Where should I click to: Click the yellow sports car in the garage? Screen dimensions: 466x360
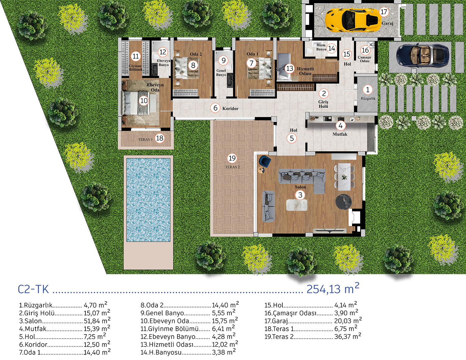coord(352,20)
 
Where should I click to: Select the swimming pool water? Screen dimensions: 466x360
coord(148,200)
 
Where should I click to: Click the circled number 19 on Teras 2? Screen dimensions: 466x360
coord(232,158)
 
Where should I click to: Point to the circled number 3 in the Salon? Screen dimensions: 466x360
coord(300,195)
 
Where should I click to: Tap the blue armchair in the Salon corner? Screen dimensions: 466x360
coord(265,161)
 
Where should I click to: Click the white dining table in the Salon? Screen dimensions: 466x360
coord(345,177)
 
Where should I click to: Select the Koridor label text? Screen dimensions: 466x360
coord(230,108)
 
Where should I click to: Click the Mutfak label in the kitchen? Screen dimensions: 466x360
coord(340,134)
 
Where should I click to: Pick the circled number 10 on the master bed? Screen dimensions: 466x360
coord(144,101)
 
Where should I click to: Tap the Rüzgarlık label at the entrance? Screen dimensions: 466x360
coord(368,99)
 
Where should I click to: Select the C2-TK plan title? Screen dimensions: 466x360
coord(33,289)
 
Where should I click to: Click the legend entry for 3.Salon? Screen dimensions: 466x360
coord(65,321)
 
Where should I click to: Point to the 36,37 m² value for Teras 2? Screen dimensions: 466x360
coord(348,336)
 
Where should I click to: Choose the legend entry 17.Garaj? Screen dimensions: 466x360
coord(313,321)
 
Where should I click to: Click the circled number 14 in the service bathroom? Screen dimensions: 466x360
coord(331,48)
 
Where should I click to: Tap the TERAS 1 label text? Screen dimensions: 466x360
coord(145,139)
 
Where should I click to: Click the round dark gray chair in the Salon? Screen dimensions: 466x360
coord(343,202)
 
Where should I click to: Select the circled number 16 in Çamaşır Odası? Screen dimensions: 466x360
coord(365,50)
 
